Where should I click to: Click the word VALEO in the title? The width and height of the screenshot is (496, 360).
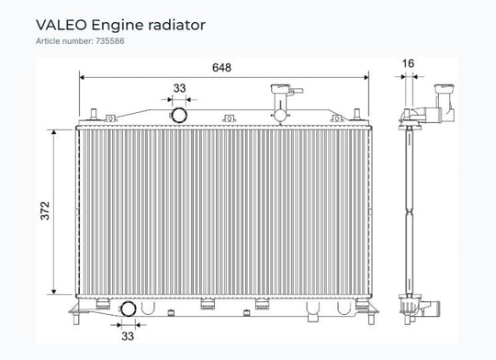coord(61,25)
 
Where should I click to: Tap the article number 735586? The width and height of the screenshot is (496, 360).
coord(110,41)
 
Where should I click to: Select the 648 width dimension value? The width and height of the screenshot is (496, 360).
coord(221,68)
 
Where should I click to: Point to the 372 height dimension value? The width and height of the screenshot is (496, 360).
coord(45,210)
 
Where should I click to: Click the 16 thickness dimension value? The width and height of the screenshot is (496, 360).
coord(408,63)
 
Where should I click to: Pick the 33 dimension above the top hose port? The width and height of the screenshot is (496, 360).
coord(179,88)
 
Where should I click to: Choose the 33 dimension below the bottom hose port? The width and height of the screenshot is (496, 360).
coord(128,336)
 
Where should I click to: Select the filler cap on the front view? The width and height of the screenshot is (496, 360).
coord(280,88)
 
